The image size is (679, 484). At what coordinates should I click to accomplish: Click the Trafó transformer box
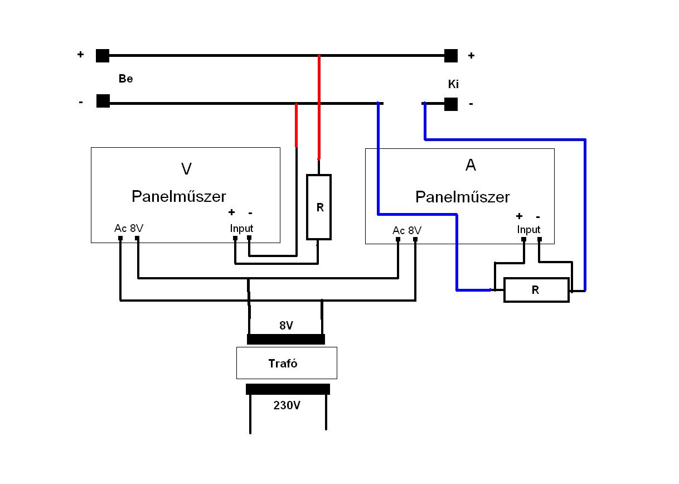[287, 363]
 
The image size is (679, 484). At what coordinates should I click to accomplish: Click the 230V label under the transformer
[287, 406]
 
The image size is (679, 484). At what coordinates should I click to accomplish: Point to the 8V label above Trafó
[285, 326]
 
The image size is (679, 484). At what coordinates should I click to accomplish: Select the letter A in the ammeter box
[471, 166]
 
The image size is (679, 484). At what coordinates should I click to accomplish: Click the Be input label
[125, 79]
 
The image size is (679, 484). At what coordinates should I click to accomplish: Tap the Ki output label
[453, 85]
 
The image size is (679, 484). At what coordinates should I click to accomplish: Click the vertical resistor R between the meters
[319, 207]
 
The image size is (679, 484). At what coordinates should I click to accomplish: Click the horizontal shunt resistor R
[536, 290]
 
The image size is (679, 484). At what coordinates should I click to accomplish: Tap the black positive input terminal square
[103, 56]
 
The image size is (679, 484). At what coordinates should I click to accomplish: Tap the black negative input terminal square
[103, 101]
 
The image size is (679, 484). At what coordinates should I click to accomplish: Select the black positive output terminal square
[451, 56]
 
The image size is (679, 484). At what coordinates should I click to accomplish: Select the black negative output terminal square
[451, 104]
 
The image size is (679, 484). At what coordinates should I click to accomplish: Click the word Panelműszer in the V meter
[178, 197]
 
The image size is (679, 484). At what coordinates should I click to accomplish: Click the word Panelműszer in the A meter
[462, 197]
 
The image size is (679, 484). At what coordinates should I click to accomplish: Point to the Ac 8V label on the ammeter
[407, 230]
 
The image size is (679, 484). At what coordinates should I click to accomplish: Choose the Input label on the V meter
[241, 228]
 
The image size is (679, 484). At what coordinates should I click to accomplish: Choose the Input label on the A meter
[528, 229]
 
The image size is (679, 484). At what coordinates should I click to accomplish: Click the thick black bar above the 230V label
[288, 389]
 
